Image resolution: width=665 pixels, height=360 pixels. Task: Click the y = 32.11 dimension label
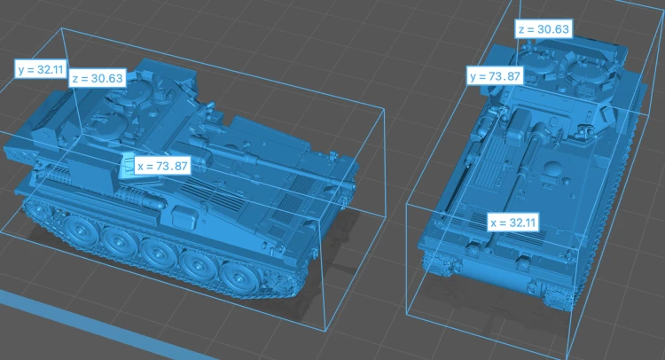click(40, 69)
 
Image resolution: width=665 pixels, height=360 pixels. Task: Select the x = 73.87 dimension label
click(162, 166)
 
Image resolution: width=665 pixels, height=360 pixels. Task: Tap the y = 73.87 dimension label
click(495, 76)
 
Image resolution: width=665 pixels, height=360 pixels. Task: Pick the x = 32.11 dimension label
click(512, 223)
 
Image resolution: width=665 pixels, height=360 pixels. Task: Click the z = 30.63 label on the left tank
click(98, 78)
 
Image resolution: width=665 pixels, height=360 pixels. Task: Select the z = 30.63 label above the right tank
click(544, 29)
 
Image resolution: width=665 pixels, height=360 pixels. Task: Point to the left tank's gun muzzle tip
click(352, 185)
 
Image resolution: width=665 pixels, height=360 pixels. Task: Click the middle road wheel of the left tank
click(157, 253)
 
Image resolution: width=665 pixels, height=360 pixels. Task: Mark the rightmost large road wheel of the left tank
click(236, 278)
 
